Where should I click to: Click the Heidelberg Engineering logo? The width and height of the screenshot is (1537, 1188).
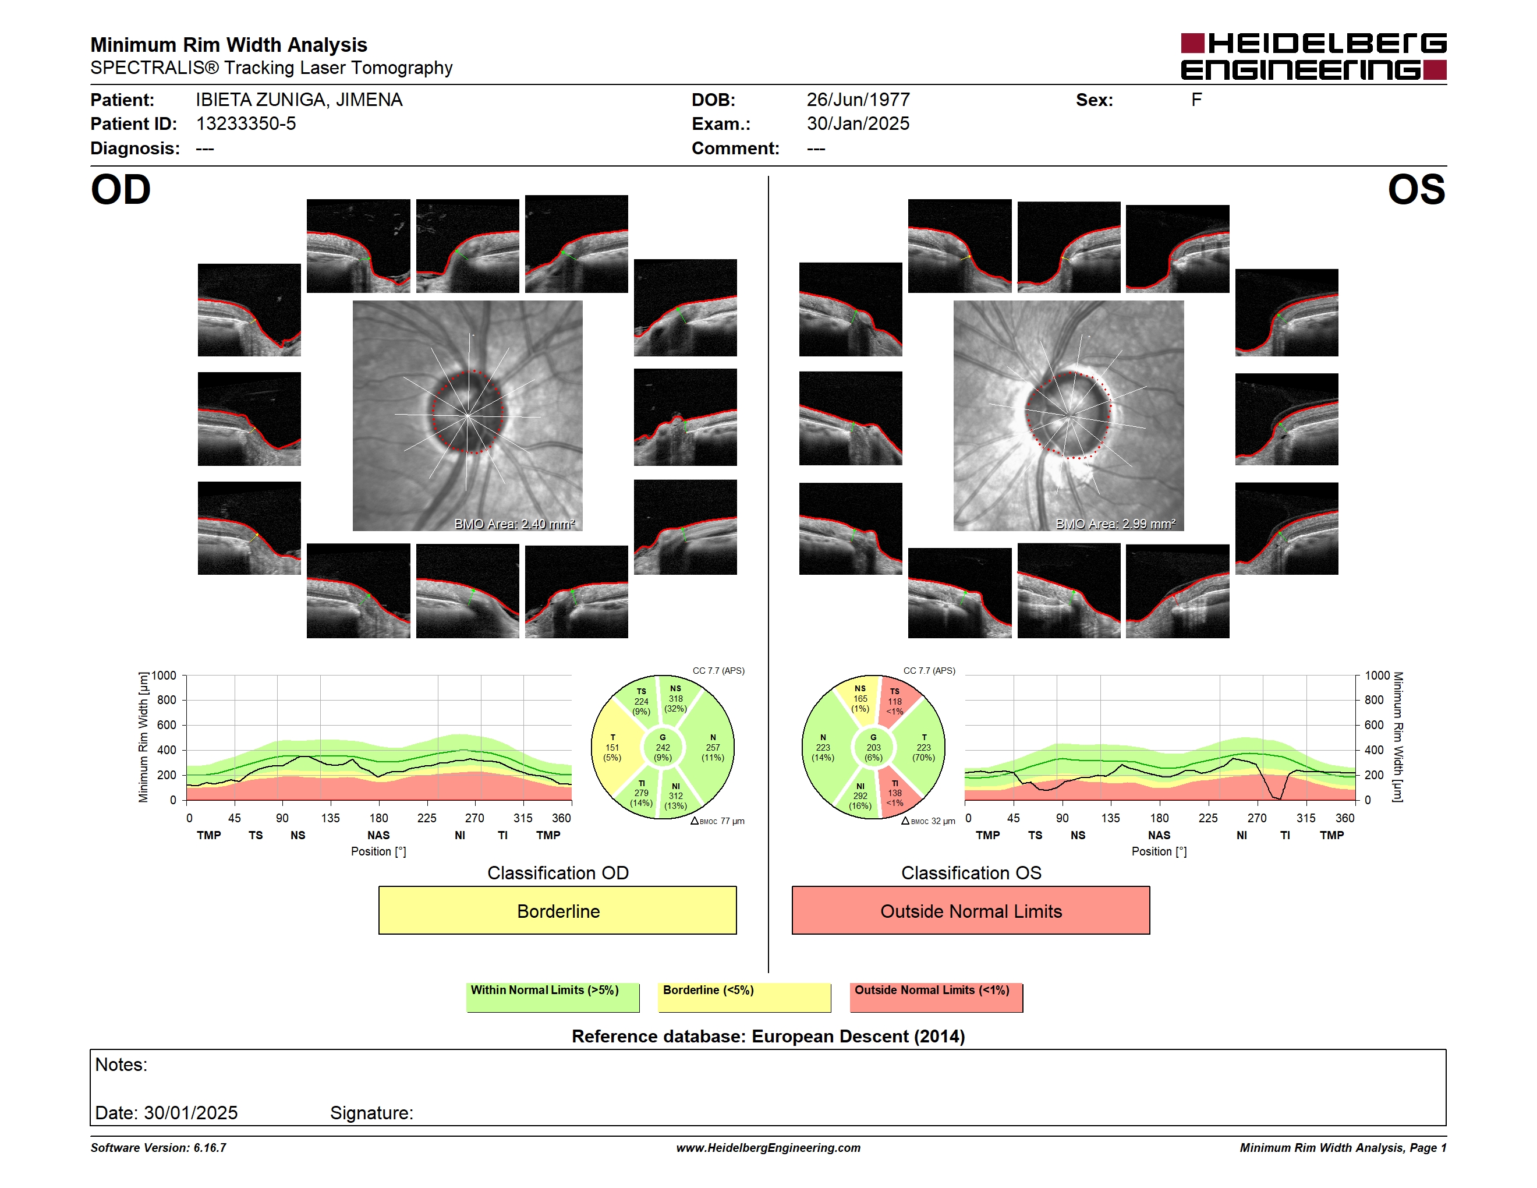1313,56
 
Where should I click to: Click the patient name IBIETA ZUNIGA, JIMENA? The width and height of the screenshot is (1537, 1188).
299,100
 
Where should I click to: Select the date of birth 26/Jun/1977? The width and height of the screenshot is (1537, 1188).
858,100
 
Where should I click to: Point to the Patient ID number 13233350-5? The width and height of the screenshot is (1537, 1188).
246,124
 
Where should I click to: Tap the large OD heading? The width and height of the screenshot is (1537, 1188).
121,190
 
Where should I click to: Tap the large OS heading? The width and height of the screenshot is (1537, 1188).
1416,190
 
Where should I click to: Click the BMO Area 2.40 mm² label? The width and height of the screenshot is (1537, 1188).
515,524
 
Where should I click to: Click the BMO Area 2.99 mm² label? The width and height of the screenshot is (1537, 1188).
1115,524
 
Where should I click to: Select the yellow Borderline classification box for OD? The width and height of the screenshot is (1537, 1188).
557,910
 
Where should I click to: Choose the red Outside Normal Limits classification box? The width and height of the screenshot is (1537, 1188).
971,910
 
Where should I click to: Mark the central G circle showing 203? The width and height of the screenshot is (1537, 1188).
873,747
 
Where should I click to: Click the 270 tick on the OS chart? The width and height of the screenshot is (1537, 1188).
1257,818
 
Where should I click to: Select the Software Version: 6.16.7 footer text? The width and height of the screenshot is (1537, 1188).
158,1148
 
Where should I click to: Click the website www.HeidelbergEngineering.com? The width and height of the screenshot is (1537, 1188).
768,1148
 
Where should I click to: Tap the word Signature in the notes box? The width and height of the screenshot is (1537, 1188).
371,1113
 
